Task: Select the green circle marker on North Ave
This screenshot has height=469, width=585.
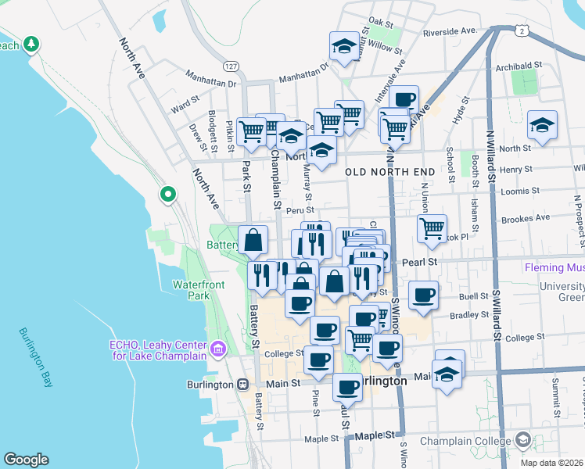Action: [x=167, y=194]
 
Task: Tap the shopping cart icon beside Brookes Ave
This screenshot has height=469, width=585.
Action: [x=432, y=228]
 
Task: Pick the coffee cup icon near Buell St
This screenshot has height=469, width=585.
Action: [x=423, y=295]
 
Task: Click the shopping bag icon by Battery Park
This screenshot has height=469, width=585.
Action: [x=253, y=240]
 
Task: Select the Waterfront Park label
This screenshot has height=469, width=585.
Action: [x=192, y=290]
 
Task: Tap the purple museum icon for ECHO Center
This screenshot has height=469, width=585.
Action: [x=217, y=348]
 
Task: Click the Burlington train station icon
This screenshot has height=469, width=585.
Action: [x=243, y=385]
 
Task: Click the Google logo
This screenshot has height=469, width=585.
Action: [x=26, y=460]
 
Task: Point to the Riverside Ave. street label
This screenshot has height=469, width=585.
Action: [x=450, y=31]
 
